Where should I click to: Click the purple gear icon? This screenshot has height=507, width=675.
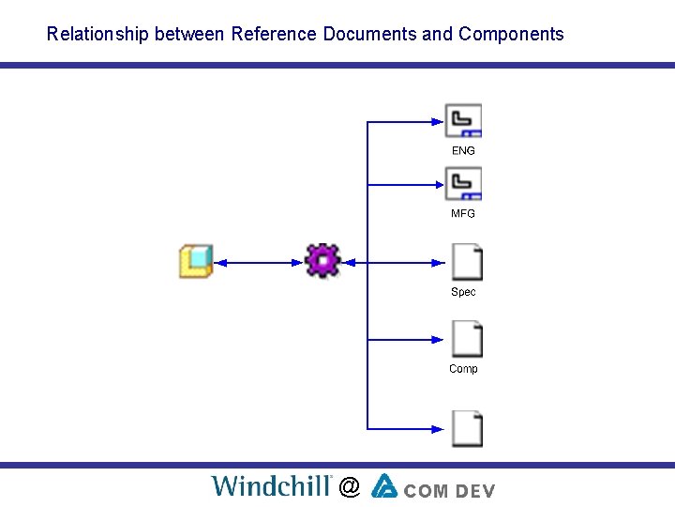coord(322,260)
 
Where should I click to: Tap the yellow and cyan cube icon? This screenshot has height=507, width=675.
coord(196,261)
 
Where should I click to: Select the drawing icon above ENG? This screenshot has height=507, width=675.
coord(463,121)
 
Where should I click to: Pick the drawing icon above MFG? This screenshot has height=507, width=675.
coord(463,183)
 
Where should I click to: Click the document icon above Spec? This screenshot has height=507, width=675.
coord(467,262)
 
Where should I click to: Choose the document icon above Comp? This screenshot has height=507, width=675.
coord(467,339)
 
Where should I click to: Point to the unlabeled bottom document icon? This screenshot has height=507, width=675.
coord(467,428)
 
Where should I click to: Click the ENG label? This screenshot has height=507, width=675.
coord(463,151)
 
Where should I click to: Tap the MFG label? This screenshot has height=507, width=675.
coord(463,214)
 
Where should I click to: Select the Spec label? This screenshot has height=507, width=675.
coord(463,292)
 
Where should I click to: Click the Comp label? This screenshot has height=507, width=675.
coord(463,369)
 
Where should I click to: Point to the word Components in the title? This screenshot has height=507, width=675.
coord(511,35)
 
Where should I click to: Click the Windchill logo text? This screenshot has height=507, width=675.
coord(272,485)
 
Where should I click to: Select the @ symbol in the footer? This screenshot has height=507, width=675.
coord(350,486)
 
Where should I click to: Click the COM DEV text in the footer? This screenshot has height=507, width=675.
coord(450,489)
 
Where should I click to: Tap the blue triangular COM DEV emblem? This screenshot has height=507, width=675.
coord(384,485)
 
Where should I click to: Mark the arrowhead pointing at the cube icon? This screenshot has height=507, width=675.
coord(221,262)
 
